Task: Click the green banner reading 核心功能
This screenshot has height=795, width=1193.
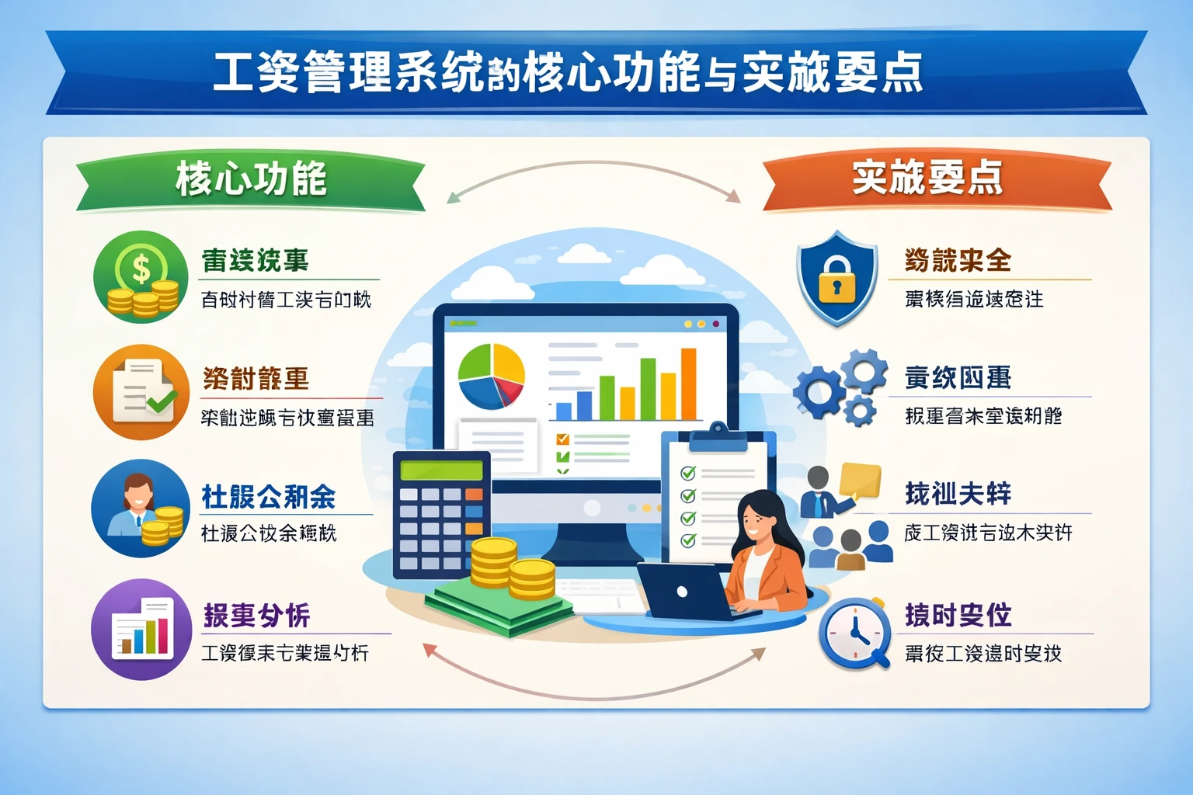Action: tap(250, 180)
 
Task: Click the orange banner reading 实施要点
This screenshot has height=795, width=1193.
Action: tap(928, 179)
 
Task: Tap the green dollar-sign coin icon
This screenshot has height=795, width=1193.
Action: tap(141, 277)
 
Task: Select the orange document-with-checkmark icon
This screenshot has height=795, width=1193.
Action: tap(141, 392)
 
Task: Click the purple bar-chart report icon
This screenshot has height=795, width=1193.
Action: tap(141, 629)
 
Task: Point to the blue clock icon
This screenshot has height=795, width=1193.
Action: tap(854, 632)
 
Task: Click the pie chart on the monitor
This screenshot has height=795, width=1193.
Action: tap(491, 376)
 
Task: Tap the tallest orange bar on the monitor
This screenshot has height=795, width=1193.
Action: tap(688, 384)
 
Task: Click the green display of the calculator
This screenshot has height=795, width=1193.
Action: tap(441, 470)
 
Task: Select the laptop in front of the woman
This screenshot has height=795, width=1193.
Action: tap(683, 592)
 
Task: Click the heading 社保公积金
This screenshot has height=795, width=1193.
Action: tap(269, 497)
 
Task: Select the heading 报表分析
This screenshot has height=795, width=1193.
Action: tap(257, 616)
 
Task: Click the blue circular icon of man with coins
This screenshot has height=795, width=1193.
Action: tap(140, 509)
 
